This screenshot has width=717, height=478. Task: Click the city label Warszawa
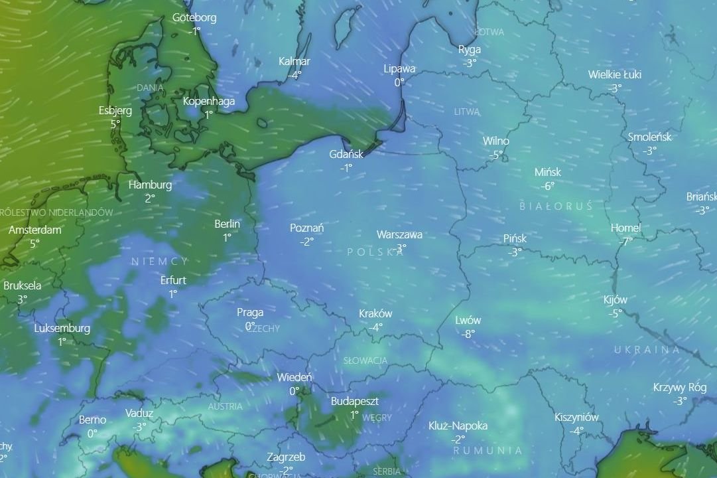[x=399, y=234]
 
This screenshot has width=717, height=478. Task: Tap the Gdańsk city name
[x=346, y=154]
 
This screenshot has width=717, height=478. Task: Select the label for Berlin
[x=227, y=224]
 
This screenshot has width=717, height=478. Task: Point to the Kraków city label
[x=375, y=313]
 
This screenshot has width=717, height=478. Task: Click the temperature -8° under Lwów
[x=468, y=334]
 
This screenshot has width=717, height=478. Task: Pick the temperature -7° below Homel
[x=625, y=242]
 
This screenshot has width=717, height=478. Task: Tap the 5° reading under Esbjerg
[x=115, y=124]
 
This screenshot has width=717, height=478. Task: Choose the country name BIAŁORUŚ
[x=556, y=206]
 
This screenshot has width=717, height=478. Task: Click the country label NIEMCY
[x=160, y=262]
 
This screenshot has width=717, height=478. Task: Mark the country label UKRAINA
[x=647, y=350]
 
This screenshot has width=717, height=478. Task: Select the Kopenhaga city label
[x=209, y=102]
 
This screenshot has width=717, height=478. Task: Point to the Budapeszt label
[x=355, y=402]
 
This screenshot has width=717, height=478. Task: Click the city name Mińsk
[x=548, y=172]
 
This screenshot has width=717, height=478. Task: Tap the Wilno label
[x=496, y=141]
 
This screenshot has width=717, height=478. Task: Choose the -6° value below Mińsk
[x=547, y=187]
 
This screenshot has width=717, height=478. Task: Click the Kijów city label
[x=616, y=299]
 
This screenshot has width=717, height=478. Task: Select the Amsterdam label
[x=35, y=230]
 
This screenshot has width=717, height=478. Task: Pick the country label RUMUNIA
[x=488, y=450]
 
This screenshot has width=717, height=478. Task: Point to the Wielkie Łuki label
[x=615, y=74]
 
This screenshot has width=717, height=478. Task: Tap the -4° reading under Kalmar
[x=294, y=75]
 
